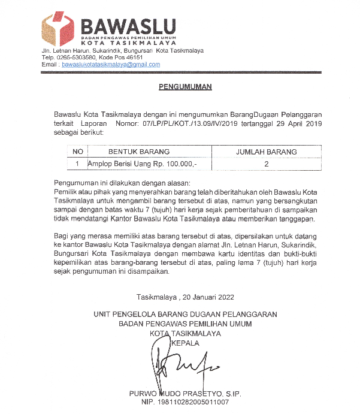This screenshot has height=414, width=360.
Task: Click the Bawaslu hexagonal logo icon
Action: click(x=58, y=27)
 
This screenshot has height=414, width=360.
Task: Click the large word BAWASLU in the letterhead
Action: click(x=128, y=27)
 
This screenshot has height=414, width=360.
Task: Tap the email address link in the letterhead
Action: click(x=111, y=64)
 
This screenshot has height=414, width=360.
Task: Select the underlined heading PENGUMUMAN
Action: click(x=185, y=87)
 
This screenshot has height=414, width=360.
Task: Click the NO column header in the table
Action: click(x=77, y=152)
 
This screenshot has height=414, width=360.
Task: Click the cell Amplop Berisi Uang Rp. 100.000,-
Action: click(x=142, y=163)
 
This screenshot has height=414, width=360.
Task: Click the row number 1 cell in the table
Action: click(x=77, y=163)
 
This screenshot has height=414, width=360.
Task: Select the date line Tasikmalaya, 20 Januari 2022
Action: click(x=185, y=297)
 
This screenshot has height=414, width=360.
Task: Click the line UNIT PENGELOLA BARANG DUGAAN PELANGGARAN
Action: click(x=185, y=314)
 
